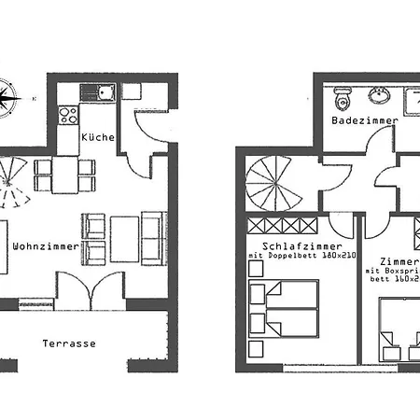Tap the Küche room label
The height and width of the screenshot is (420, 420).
[x=98, y=137]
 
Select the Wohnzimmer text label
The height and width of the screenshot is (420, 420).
[x=44, y=246]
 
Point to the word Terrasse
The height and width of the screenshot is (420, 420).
[x=69, y=343]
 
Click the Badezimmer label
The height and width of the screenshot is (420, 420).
[x=365, y=120]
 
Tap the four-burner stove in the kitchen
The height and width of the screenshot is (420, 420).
[x=68, y=115]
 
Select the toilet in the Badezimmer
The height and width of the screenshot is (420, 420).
[x=341, y=99]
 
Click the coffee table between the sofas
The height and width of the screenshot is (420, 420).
[x=123, y=239]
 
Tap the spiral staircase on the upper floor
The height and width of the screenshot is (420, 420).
[x=272, y=181]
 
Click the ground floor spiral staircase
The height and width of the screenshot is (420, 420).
[x=16, y=183]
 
